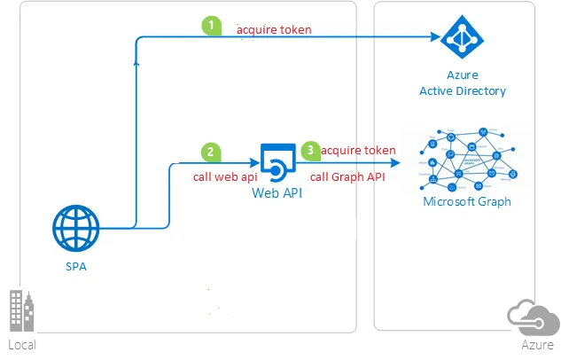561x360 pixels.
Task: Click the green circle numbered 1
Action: (x=211, y=26)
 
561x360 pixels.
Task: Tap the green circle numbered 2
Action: (x=211, y=152)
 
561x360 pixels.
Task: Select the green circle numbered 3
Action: (x=310, y=151)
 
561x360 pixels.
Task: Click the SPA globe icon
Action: (x=75, y=229)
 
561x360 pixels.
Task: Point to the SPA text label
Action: (x=75, y=266)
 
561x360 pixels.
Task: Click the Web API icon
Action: (x=276, y=160)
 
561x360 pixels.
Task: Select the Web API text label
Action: (x=277, y=192)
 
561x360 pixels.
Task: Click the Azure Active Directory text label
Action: (x=462, y=84)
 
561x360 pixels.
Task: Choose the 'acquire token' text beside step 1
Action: (x=274, y=29)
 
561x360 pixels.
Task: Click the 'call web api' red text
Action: (x=225, y=176)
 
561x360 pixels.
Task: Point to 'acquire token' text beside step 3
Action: (x=358, y=151)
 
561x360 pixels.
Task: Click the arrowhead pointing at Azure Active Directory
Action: (x=435, y=38)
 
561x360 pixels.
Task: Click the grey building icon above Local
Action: (x=21, y=311)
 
